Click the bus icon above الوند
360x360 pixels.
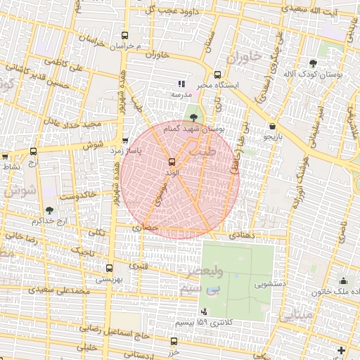click(x=173, y=162)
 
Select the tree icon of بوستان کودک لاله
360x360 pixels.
click(x=313, y=63)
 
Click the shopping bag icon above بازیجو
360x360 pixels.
click(x=272, y=127)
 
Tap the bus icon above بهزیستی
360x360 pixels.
click(x=108, y=268)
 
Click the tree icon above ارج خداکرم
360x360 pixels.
click(x=49, y=210)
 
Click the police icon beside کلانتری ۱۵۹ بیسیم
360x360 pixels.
click(x=204, y=311)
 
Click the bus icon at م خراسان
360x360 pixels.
click(x=125, y=35)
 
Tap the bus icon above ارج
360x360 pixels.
click(x=33, y=151)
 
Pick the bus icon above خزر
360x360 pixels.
click(x=173, y=341)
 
